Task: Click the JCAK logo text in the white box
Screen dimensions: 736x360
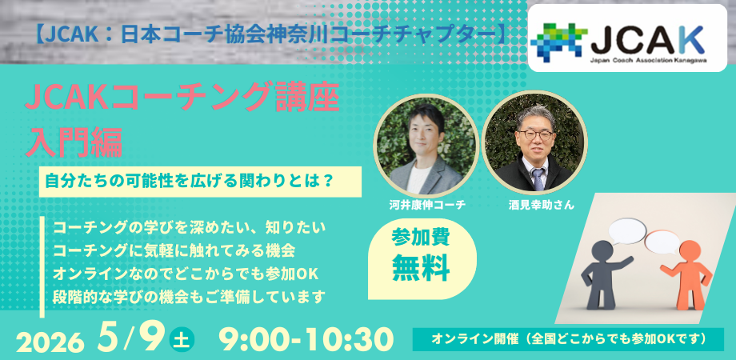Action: (647, 40)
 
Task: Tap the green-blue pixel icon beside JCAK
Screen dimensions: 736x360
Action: (559, 40)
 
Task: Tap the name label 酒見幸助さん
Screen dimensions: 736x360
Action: (534, 205)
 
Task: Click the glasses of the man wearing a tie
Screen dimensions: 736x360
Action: (534, 134)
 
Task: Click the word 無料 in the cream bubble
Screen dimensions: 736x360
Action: (421, 269)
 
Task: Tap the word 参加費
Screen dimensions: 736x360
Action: (421, 238)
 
